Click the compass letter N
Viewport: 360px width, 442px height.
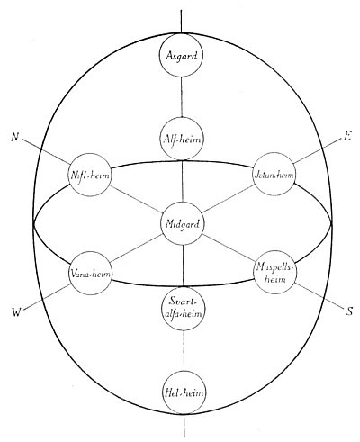coord(14,137)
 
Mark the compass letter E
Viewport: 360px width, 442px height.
coord(347,137)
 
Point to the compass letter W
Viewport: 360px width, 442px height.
coord(17,312)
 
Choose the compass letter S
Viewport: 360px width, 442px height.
coord(349,311)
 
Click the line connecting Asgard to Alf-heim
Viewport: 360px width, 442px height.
coord(182,97)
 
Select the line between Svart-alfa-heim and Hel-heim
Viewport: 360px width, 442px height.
coord(184,350)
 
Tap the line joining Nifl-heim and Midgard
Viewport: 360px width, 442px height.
coord(136,199)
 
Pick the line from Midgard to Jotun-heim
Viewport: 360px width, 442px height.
coord(228,199)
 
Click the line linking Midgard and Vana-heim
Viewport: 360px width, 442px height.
coord(137,248)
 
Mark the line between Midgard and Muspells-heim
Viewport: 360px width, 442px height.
coord(229,248)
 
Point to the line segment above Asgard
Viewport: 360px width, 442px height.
coord(181,22)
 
